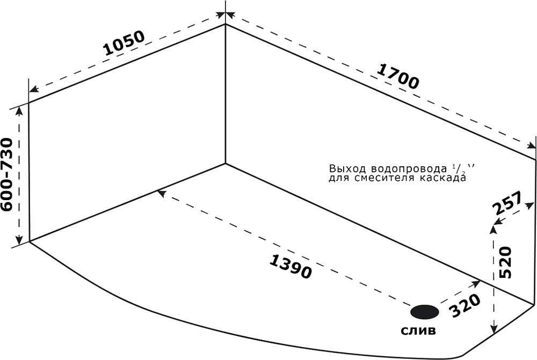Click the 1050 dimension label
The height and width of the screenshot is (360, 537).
point(124,43)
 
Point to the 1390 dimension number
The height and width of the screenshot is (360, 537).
point(291,266)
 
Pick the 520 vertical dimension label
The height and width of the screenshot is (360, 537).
point(506,263)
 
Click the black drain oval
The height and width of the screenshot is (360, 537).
point(425,312)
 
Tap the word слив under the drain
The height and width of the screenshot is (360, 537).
point(418,330)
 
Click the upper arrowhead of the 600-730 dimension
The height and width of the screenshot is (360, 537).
point(20,109)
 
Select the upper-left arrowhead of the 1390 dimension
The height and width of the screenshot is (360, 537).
point(159,191)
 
